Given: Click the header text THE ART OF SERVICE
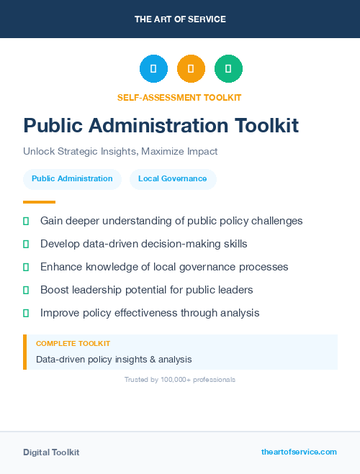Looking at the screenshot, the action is click(x=180, y=19).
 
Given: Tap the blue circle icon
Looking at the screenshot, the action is click(x=153, y=69).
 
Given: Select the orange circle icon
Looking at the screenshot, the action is click(x=191, y=69).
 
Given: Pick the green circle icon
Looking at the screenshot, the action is click(x=228, y=69).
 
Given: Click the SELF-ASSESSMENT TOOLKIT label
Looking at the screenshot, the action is click(x=179, y=97).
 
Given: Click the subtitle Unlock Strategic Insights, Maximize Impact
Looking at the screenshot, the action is click(x=120, y=152).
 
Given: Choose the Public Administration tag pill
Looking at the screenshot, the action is click(x=72, y=178).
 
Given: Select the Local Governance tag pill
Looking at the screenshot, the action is click(x=173, y=178).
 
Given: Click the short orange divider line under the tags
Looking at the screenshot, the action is click(x=39, y=202).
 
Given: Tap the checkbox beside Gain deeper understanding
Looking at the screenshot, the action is click(x=26, y=221).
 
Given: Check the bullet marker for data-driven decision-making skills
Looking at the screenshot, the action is click(x=26, y=244).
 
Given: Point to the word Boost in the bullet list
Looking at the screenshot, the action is click(x=55, y=290).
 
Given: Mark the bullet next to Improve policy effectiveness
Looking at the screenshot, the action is click(x=26, y=313).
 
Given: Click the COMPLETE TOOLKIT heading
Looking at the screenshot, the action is click(x=73, y=344).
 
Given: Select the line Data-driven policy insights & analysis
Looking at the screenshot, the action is click(x=114, y=359).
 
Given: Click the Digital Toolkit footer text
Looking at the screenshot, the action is click(x=51, y=452).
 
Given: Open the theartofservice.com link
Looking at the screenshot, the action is click(x=299, y=452).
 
